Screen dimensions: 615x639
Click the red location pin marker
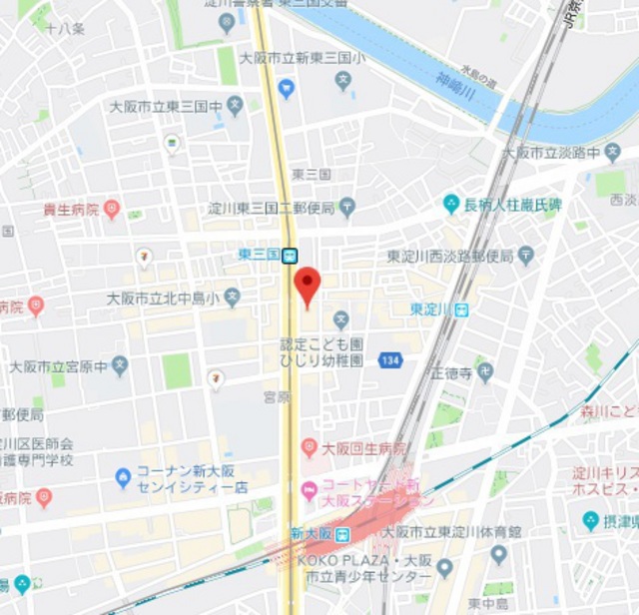tap(308, 285)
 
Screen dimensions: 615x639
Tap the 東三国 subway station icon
tap(290, 256)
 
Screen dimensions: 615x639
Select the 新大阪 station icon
tap(342, 533)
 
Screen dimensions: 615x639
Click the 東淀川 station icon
tap(461, 310)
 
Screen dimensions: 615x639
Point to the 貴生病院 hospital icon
tap(112, 210)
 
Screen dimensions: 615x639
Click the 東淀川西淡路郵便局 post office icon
tap(527, 256)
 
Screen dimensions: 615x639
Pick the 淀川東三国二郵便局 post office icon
tap(347, 208)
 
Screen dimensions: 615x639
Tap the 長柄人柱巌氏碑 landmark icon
tap(452, 204)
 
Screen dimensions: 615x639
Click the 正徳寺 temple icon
tap(485, 373)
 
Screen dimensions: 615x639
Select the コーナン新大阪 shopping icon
tap(124, 478)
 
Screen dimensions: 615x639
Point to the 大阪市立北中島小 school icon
tap(233, 297)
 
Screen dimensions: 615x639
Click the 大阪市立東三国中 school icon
tap(236, 104)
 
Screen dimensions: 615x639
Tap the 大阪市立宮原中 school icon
tap(121, 365)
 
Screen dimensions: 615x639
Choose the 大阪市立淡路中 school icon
tap(613, 153)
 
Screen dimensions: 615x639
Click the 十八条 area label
tap(65, 29)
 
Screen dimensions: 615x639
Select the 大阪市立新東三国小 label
tap(303, 59)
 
